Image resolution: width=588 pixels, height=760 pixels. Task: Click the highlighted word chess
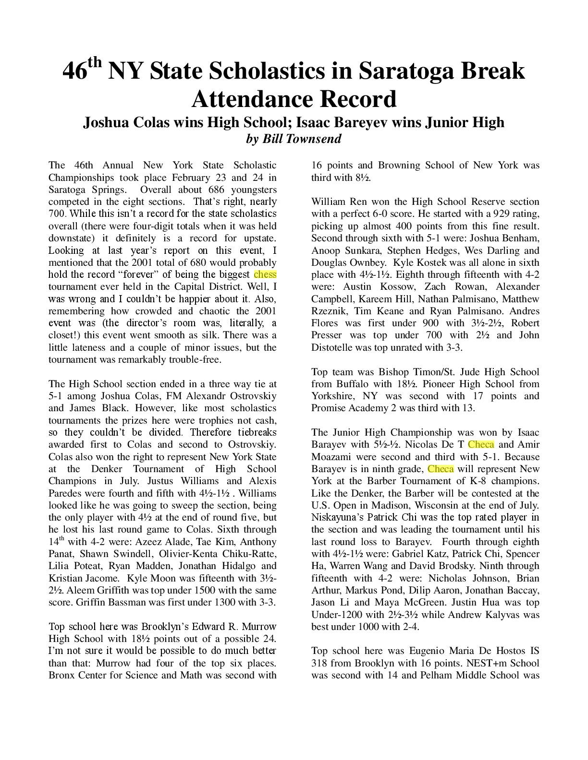coord(265,275)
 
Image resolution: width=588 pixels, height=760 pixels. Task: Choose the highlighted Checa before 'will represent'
coord(441,469)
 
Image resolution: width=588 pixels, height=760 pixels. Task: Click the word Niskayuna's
coord(337,517)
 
